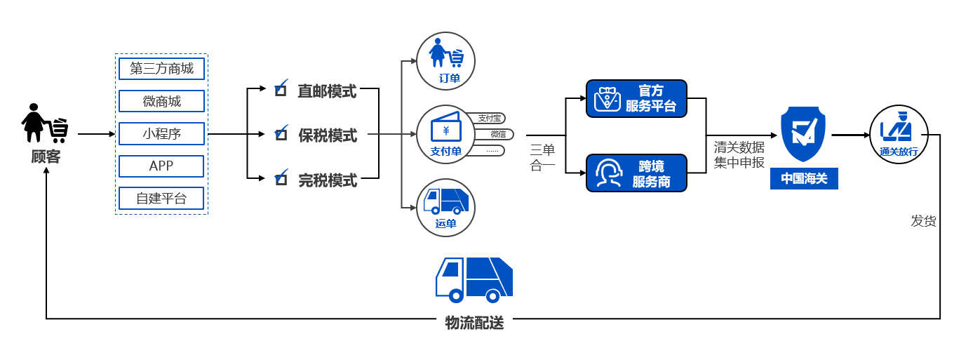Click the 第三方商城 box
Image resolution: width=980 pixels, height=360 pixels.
coord(161,69)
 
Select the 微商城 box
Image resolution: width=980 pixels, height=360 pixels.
coord(161,101)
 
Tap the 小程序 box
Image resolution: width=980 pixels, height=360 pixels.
coord(161,133)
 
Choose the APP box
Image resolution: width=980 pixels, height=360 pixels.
coord(161,166)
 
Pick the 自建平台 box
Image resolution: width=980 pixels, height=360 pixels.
coord(161,199)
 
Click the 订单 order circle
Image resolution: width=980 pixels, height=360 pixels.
coord(446,61)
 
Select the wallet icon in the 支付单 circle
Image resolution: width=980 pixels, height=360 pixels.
coord(445,128)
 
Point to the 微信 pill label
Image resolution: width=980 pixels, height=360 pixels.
coord(497,134)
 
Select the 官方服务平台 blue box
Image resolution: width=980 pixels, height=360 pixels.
coord(636,98)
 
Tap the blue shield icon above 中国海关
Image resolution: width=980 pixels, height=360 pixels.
coord(803,135)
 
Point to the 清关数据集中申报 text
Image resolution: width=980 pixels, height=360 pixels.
coord(739,155)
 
